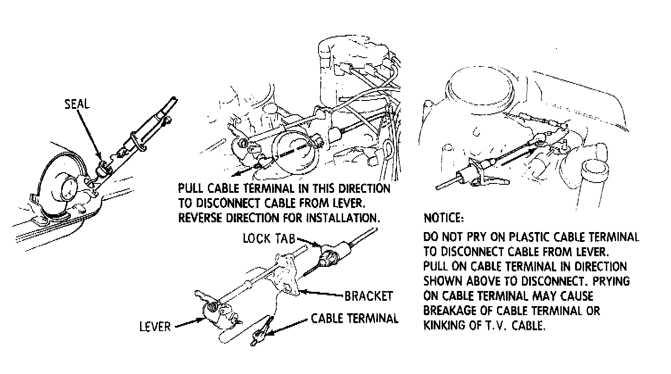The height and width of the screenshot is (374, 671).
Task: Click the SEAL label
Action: [x=77, y=104]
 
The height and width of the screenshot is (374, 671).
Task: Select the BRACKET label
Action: [x=369, y=296]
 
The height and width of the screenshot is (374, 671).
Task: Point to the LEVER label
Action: [x=155, y=327]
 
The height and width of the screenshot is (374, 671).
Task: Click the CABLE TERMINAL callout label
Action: [x=355, y=319]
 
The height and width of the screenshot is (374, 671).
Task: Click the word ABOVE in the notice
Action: [x=483, y=281]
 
